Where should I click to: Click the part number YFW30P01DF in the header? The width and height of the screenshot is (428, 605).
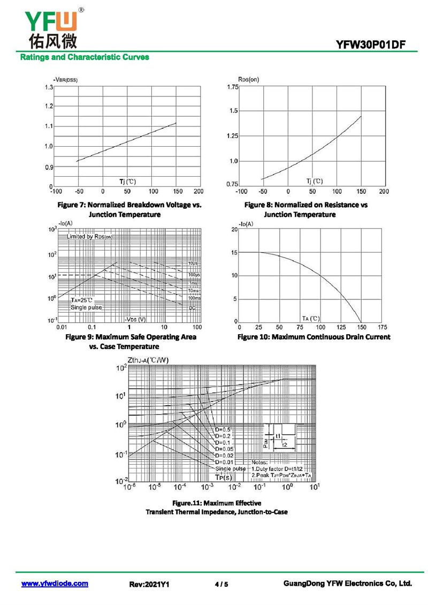tap(374, 45)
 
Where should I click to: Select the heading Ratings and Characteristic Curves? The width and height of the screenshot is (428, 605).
tap(85, 57)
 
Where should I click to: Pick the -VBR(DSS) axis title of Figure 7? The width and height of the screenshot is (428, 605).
tap(65, 80)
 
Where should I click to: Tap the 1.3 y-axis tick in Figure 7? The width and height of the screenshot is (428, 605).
tap(49, 87)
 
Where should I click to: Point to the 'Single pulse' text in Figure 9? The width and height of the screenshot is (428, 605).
tap(86, 307)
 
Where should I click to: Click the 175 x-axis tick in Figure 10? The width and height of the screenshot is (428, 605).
tap(382, 327)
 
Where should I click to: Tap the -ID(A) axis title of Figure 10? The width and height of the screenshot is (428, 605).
tap(246, 223)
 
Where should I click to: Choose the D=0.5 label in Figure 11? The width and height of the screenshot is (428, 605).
tap(223, 430)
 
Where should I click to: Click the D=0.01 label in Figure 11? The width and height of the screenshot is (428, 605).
tap(224, 462)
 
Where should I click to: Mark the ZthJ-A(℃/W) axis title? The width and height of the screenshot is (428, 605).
tap(148, 359)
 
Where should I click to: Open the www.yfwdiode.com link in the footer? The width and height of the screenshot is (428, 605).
tap(55, 584)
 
